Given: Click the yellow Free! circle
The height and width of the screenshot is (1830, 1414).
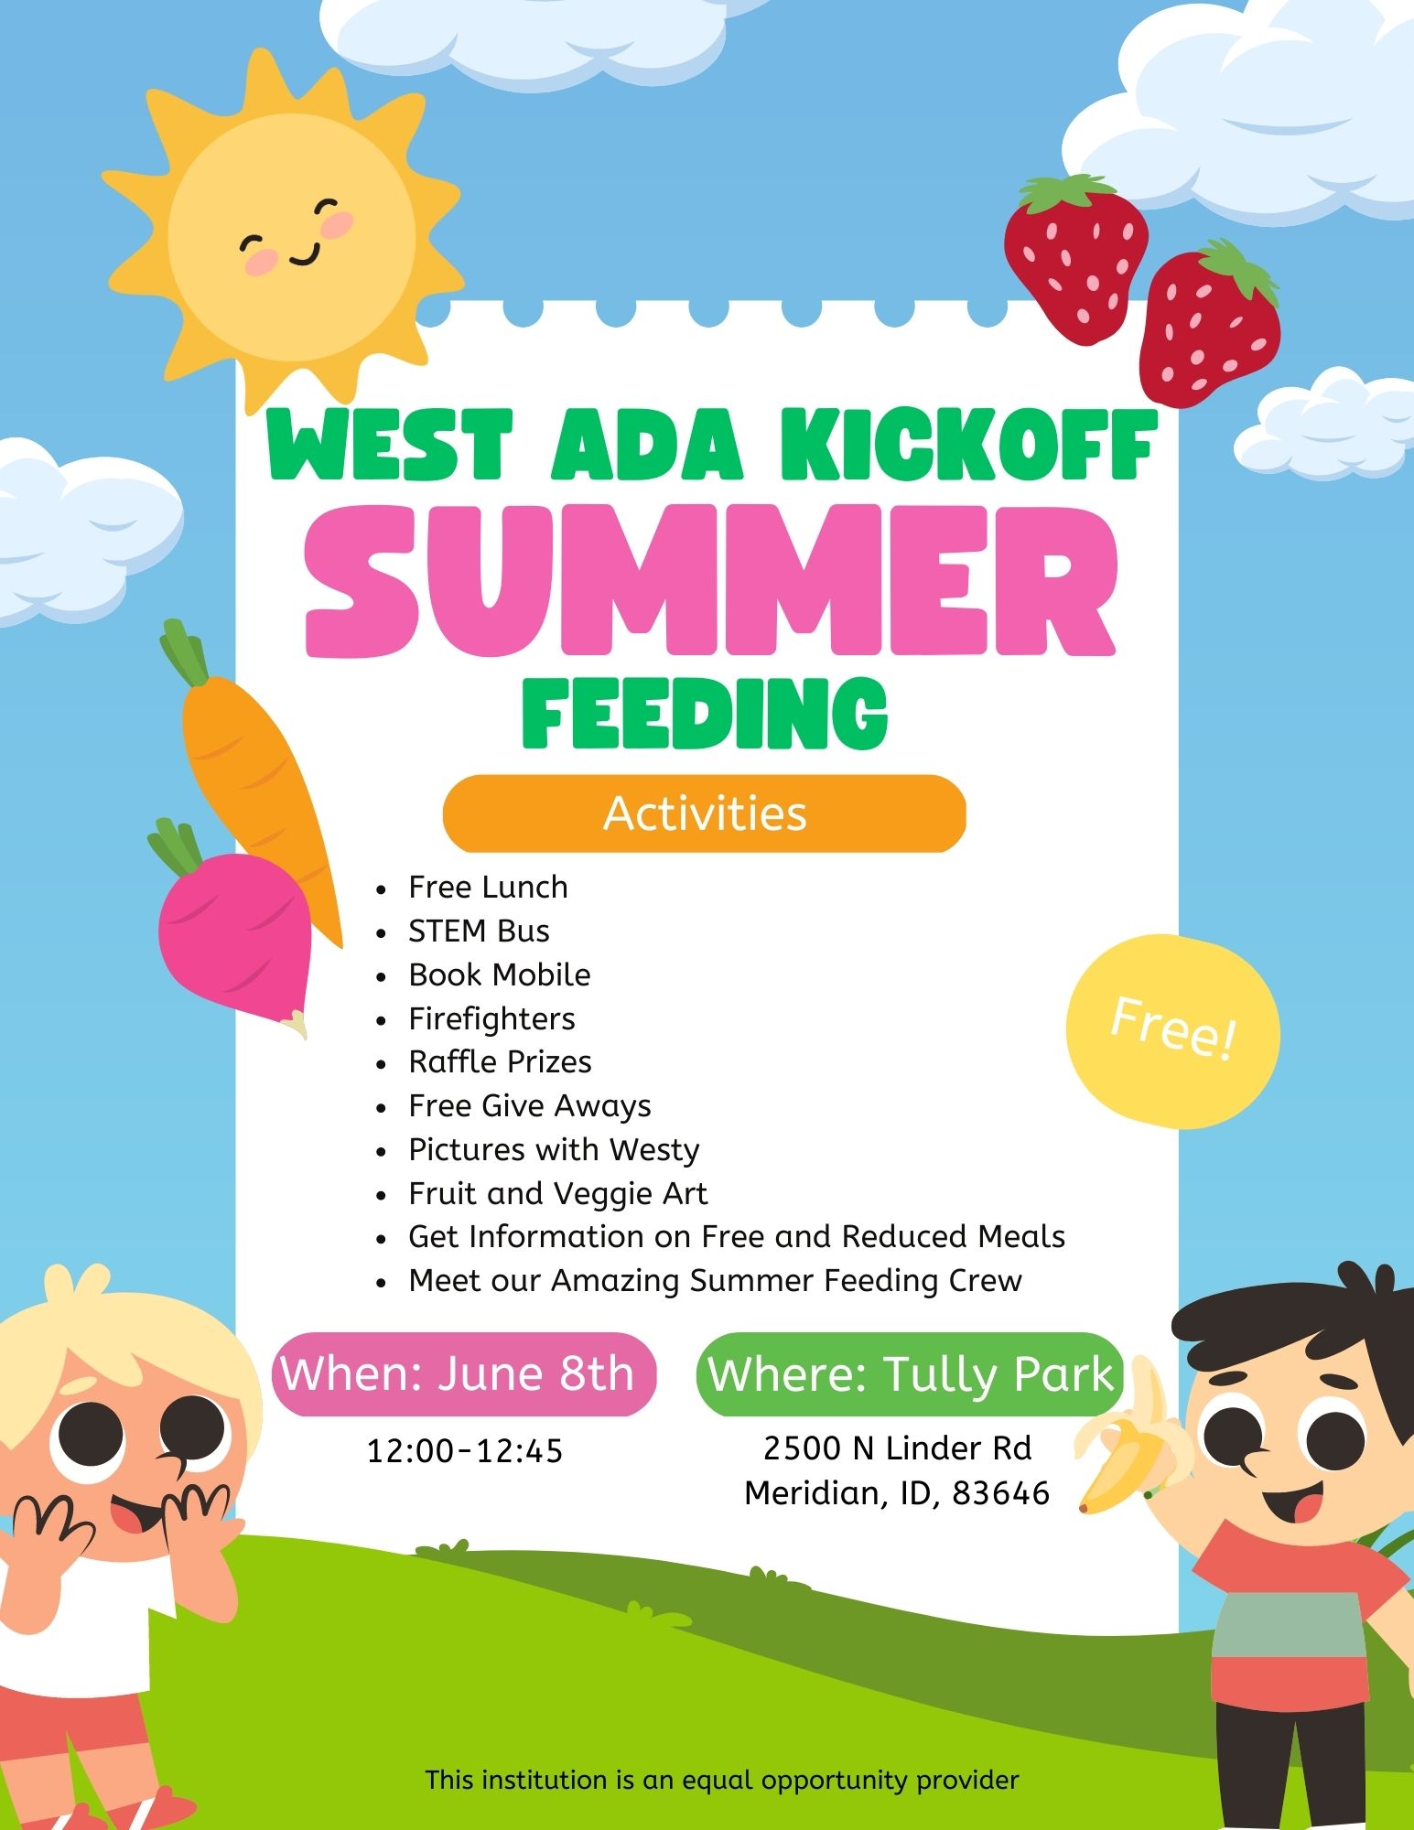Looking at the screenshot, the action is pos(1172,1030).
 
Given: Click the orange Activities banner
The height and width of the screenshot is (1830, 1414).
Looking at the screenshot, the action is pos(704,813).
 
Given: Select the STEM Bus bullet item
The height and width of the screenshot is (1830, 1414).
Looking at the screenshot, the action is pos(479,931).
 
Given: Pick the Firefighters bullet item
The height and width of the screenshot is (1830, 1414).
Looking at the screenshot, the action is pos(491,1018).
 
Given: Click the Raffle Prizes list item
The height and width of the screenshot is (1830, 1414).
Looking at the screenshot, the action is pos(500,1061).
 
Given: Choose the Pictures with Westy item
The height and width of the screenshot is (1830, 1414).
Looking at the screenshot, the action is pos(554,1149).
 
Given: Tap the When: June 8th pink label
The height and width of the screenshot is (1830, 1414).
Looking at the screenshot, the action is pos(464,1374).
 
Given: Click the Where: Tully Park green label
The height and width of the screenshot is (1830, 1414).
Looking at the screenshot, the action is pos(910,1374).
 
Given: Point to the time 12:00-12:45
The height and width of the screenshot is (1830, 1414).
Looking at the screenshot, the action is pos(465,1451).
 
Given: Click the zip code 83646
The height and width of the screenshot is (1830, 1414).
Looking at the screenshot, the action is pos(1000,1493).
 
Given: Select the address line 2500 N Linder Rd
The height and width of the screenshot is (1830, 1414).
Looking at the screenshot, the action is pos(897,1448).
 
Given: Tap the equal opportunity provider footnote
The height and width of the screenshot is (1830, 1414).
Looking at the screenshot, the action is pos(722,1780).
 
